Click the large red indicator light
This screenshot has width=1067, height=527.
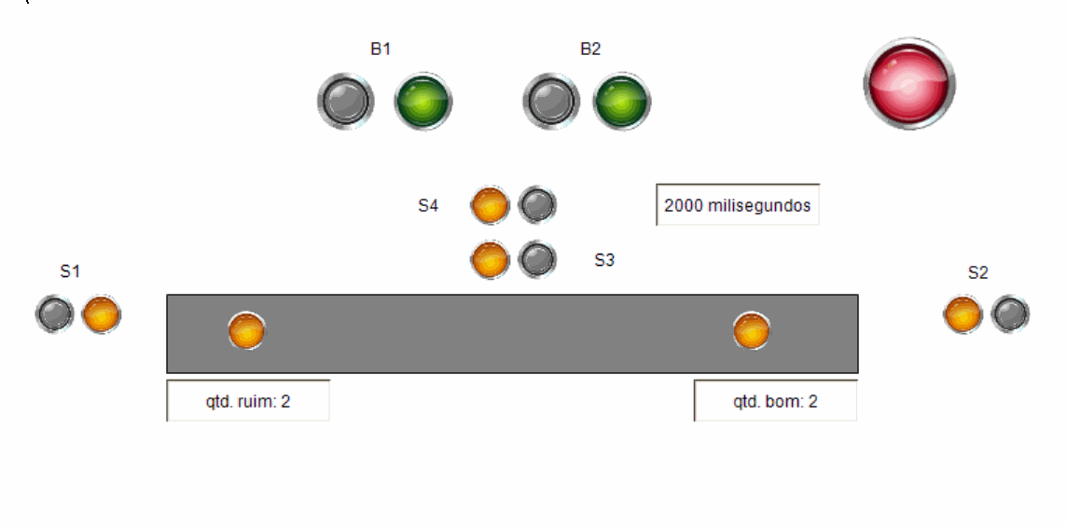point(908,83)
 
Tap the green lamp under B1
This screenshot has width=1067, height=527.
point(423,101)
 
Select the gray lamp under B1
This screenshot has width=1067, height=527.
point(345,101)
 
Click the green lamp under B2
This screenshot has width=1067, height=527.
point(622,101)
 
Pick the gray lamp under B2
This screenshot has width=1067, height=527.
point(551,101)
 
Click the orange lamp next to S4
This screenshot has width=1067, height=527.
point(490,205)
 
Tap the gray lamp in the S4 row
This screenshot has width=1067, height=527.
point(537,205)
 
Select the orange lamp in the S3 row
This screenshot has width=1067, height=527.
point(490,260)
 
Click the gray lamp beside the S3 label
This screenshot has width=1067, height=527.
point(537,260)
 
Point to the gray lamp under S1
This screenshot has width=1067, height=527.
point(55,314)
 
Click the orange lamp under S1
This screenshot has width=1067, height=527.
point(101,314)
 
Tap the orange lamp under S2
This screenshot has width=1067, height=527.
point(963,314)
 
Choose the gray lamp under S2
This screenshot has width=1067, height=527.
point(1010,314)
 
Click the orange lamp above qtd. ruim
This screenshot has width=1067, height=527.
point(247,330)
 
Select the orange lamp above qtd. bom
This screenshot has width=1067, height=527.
point(752,330)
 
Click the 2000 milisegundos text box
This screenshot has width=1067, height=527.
point(737,205)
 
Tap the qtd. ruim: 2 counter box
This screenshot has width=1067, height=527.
point(248,401)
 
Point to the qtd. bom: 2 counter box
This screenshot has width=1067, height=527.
point(775,401)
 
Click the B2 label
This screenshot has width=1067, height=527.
point(590,49)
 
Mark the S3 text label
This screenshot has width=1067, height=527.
point(604,260)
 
